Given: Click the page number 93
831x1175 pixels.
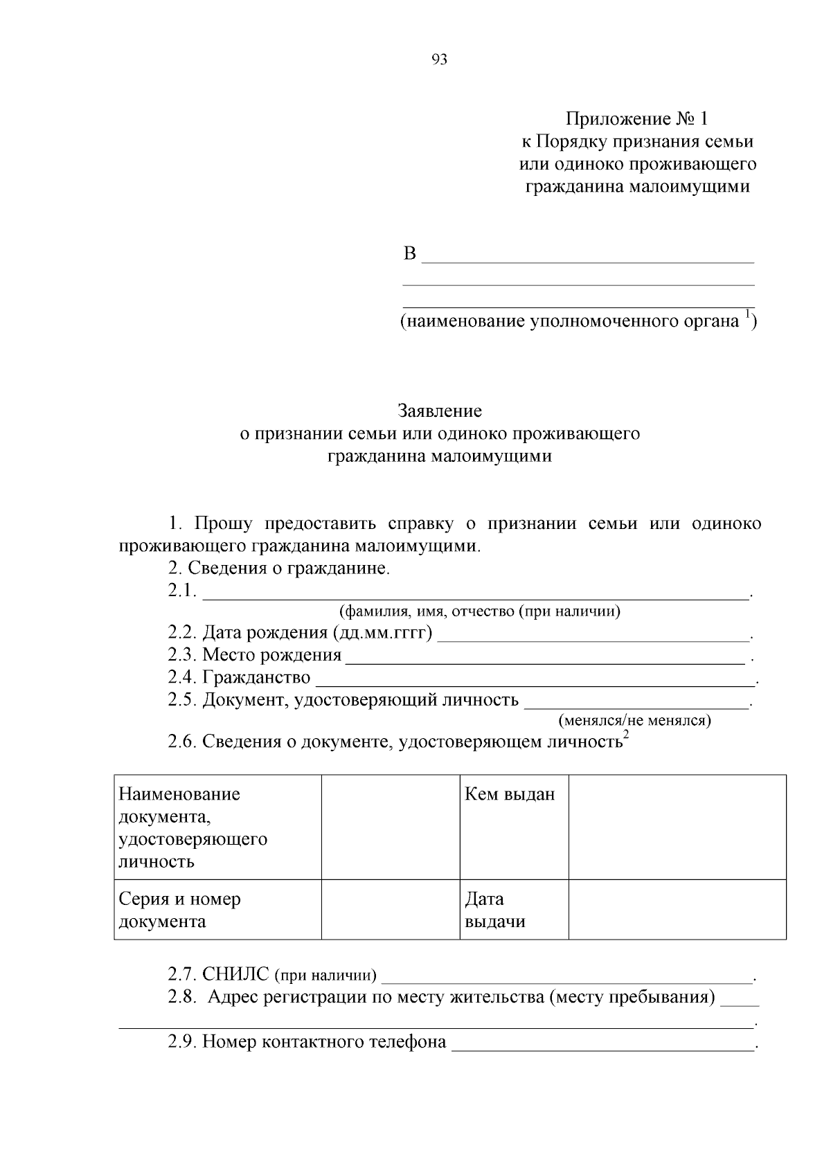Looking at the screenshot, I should click(x=439, y=60).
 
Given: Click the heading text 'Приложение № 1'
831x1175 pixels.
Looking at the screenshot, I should click(x=637, y=119).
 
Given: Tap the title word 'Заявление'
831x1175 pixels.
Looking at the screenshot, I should click(x=440, y=411).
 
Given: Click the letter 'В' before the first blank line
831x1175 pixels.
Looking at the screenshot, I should click(x=410, y=254).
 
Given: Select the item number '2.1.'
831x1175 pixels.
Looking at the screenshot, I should click(x=183, y=591).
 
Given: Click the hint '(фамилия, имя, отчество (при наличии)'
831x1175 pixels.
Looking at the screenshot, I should click(x=479, y=611).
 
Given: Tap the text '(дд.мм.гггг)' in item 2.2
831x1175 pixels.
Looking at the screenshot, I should click(x=382, y=633).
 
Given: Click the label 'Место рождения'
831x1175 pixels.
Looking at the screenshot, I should click(x=271, y=655).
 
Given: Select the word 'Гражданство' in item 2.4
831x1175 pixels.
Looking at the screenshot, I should click(x=256, y=677).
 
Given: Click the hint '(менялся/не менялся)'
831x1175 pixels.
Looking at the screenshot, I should click(x=635, y=721).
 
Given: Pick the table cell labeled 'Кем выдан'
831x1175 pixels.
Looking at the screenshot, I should click(x=510, y=794).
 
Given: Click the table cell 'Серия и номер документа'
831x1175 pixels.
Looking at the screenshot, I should click(x=180, y=910).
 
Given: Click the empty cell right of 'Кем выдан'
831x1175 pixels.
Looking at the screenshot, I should click(x=677, y=827).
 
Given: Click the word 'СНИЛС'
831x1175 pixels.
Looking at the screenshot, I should click(x=235, y=975).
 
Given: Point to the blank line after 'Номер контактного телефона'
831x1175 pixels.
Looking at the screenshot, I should click(x=602, y=1048).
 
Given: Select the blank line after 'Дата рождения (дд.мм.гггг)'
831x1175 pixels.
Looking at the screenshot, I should click(x=593, y=639).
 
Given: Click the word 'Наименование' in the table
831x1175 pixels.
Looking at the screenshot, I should click(x=179, y=794).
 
